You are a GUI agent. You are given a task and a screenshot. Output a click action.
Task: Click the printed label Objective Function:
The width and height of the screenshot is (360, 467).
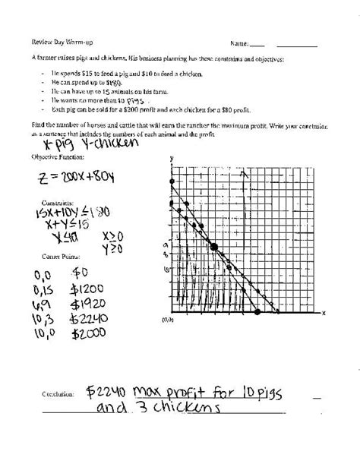55,156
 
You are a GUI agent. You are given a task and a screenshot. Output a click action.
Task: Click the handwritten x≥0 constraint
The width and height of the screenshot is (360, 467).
111,235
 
